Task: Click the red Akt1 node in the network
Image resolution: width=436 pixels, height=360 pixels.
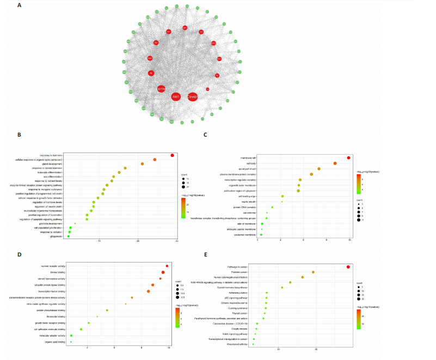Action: pos(176,96)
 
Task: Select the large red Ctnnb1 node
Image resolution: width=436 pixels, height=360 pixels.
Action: pos(193,97)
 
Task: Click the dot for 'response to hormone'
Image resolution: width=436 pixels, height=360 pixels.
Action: pos(173,155)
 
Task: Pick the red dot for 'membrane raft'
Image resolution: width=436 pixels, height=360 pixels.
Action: pos(349,158)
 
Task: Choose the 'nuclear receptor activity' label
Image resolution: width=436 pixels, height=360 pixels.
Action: pos(53,266)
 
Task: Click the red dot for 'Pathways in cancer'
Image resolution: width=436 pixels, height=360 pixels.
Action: pos(348,266)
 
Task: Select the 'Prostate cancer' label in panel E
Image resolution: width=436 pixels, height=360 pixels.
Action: pos(240,272)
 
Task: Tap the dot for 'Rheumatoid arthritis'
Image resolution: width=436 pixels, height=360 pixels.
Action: pos(253,344)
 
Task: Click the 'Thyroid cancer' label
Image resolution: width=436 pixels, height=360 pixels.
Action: pos(240,313)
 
